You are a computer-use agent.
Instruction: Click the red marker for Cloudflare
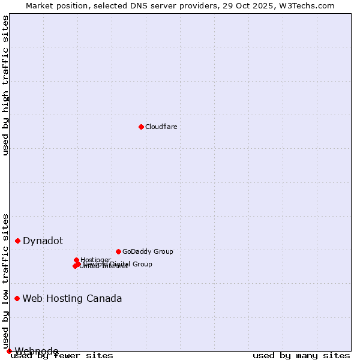(x=141, y=127)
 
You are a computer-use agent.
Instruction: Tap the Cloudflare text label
(x=161, y=127)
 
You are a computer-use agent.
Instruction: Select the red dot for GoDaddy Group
(x=118, y=251)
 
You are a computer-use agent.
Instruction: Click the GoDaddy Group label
(x=148, y=251)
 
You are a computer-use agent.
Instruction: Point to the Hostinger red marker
(x=76, y=260)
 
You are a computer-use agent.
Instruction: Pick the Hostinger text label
(x=95, y=260)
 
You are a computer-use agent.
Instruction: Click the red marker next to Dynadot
(x=18, y=241)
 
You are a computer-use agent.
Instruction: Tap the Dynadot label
(x=43, y=241)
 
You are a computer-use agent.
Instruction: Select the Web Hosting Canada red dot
(x=17, y=298)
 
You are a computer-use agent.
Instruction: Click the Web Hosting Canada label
(x=72, y=298)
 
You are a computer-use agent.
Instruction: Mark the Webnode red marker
(x=9, y=351)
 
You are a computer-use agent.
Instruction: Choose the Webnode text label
(x=37, y=351)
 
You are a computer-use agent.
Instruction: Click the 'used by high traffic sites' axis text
(x=6, y=85)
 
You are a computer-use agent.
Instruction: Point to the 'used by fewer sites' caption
(x=62, y=355)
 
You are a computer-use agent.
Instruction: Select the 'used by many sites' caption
(x=301, y=355)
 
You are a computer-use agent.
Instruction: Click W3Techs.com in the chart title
(x=305, y=5)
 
